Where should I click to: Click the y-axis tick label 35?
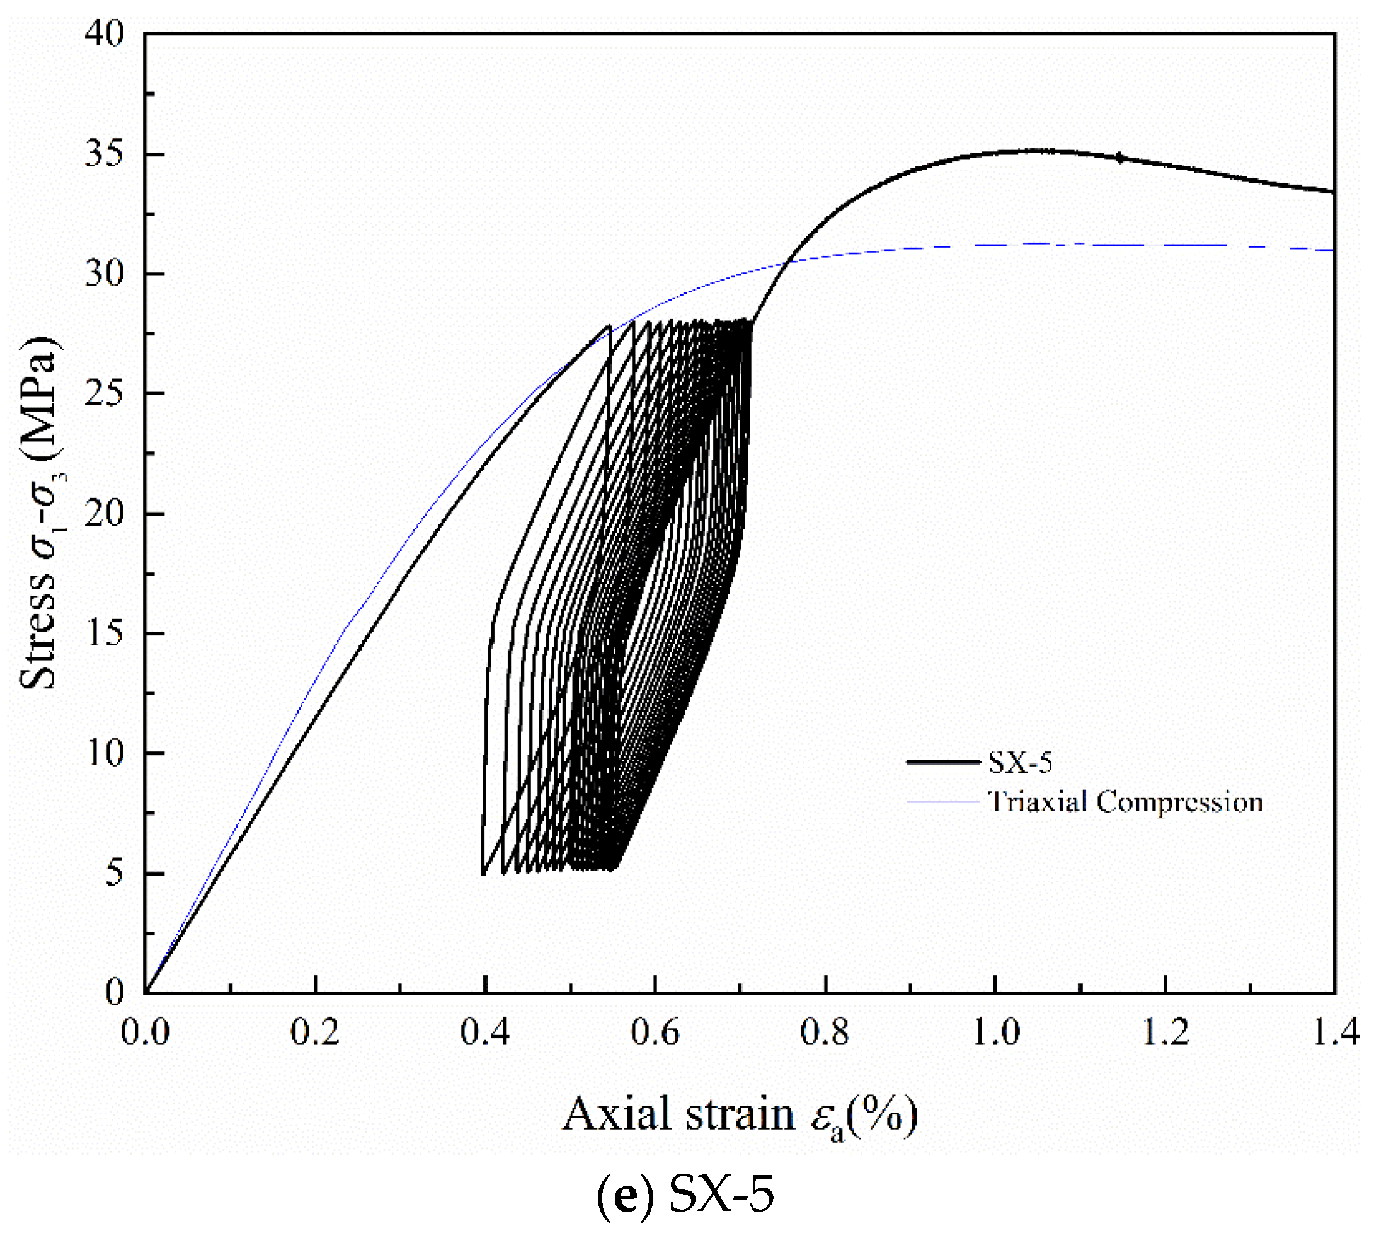point(104,154)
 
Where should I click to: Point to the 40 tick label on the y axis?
point(104,33)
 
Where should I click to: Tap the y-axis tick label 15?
point(104,633)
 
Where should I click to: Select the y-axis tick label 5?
point(114,873)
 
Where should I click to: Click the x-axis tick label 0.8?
point(825,1033)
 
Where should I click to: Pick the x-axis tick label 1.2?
point(1165,1033)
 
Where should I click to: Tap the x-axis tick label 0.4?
point(484,1033)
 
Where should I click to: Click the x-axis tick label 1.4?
point(1334,1033)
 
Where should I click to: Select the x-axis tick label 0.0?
point(145,1033)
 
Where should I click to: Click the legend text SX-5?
point(1020,763)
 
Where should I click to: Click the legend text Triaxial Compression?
point(1125,802)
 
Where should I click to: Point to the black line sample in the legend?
point(943,762)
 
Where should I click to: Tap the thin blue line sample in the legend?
point(943,802)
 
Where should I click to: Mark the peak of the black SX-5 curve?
point(1037,150)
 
